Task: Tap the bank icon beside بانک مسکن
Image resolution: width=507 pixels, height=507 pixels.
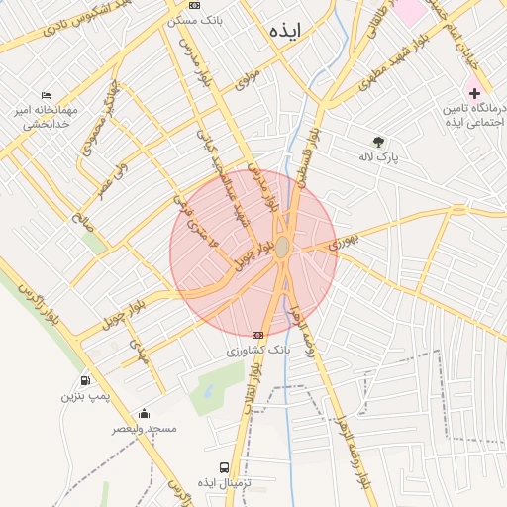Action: pos(194,5)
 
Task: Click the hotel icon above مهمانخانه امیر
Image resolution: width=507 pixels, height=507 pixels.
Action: pos(46,96)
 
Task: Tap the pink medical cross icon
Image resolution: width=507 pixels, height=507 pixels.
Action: pos(474,91)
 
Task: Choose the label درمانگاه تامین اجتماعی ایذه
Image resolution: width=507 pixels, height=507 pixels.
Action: pos(473,113)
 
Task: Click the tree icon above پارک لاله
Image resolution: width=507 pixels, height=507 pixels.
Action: pos(377,141)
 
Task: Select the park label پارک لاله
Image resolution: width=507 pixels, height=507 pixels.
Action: pos(377,156)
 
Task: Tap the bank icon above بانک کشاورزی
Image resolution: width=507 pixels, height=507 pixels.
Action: pos(258,335)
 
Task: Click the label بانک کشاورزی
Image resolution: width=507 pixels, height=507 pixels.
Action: pos(258,351)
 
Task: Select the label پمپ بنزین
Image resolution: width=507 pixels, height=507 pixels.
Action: pos(84,396)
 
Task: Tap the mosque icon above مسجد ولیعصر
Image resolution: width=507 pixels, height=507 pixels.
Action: pos(145,414)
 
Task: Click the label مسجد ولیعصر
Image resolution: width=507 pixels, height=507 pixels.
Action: pos(145,429)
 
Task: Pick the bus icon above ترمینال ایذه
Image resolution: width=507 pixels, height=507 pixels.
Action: pos(224,466)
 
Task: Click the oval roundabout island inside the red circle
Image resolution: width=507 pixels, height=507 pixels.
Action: pos(282,247)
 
